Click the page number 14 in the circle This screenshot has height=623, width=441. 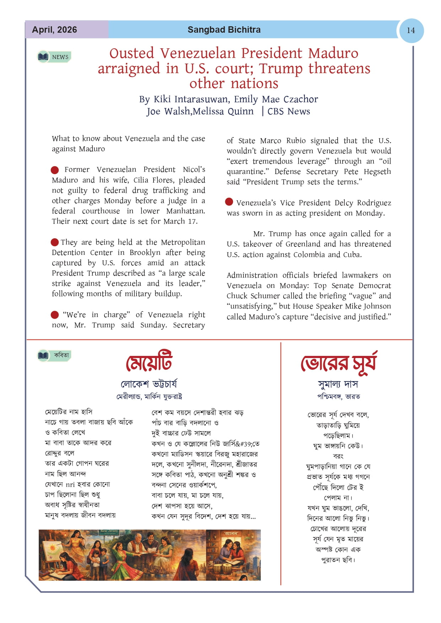click(x=411, y=31)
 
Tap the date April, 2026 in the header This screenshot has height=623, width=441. click(x=54, y=30)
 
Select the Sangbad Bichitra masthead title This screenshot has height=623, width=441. click(x=224, y=30)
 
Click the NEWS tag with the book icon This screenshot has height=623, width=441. click(x=54, y=57)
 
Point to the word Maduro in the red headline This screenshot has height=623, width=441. click(x=333, y=53)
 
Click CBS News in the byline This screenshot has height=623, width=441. click(x=289, y=112)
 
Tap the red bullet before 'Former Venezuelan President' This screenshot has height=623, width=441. click(x=55, y=170)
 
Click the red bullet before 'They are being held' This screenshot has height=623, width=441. click(x=55, y=242)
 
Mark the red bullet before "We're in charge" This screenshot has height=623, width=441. click(x=55, y=315)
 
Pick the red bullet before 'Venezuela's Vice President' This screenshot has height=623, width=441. click(x=229, y=202)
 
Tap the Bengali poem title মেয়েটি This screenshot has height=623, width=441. click(x=149, y=362)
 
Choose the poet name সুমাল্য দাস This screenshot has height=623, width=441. click(x=338, y=384)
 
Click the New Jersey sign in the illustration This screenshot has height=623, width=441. click(x=109, y=531)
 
